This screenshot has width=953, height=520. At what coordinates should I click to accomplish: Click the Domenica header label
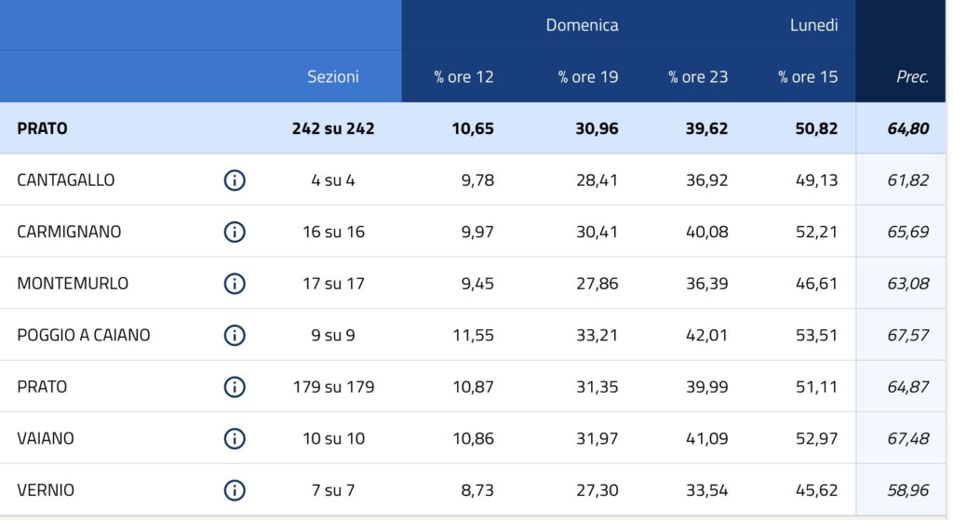tap(582, 25)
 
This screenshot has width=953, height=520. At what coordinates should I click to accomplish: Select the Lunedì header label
tap(813, 25)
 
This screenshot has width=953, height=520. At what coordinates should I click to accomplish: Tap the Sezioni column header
tap(333, 77)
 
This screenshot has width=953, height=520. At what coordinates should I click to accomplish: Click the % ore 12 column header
tap(463, 77)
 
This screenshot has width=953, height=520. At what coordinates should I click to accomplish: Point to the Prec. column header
tap(912, 77)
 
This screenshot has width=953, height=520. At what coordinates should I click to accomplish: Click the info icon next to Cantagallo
tap(235, 180)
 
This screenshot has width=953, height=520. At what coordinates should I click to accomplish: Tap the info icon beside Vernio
tap(235, 490)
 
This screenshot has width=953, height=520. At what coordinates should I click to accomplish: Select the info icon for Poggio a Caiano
tap(235, 335)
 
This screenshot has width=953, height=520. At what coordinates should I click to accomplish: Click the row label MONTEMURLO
tap(73, 284)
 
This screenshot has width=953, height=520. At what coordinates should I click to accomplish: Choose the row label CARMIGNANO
tap(69, 232)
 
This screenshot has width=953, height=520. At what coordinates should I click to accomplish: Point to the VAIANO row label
tap(46, 438)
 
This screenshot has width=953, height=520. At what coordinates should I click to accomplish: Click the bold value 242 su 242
tap(333, 128)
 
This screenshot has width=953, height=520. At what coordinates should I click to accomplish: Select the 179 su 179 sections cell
tap(333, 387)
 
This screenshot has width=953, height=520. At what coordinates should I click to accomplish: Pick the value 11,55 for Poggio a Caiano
tap(473, 335)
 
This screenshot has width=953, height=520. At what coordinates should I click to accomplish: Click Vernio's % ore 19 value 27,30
tap(597, 490)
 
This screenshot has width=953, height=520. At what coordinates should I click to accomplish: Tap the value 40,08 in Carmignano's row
tap(706, 232)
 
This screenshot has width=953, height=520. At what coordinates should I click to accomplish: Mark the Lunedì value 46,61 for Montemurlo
tap(816, 284)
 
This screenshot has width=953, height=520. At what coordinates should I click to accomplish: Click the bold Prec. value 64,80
tap(907, 128)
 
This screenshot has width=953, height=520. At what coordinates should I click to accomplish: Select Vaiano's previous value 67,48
tap(907, 438)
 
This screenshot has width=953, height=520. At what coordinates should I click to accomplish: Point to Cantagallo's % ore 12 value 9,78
tap(476, 180)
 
